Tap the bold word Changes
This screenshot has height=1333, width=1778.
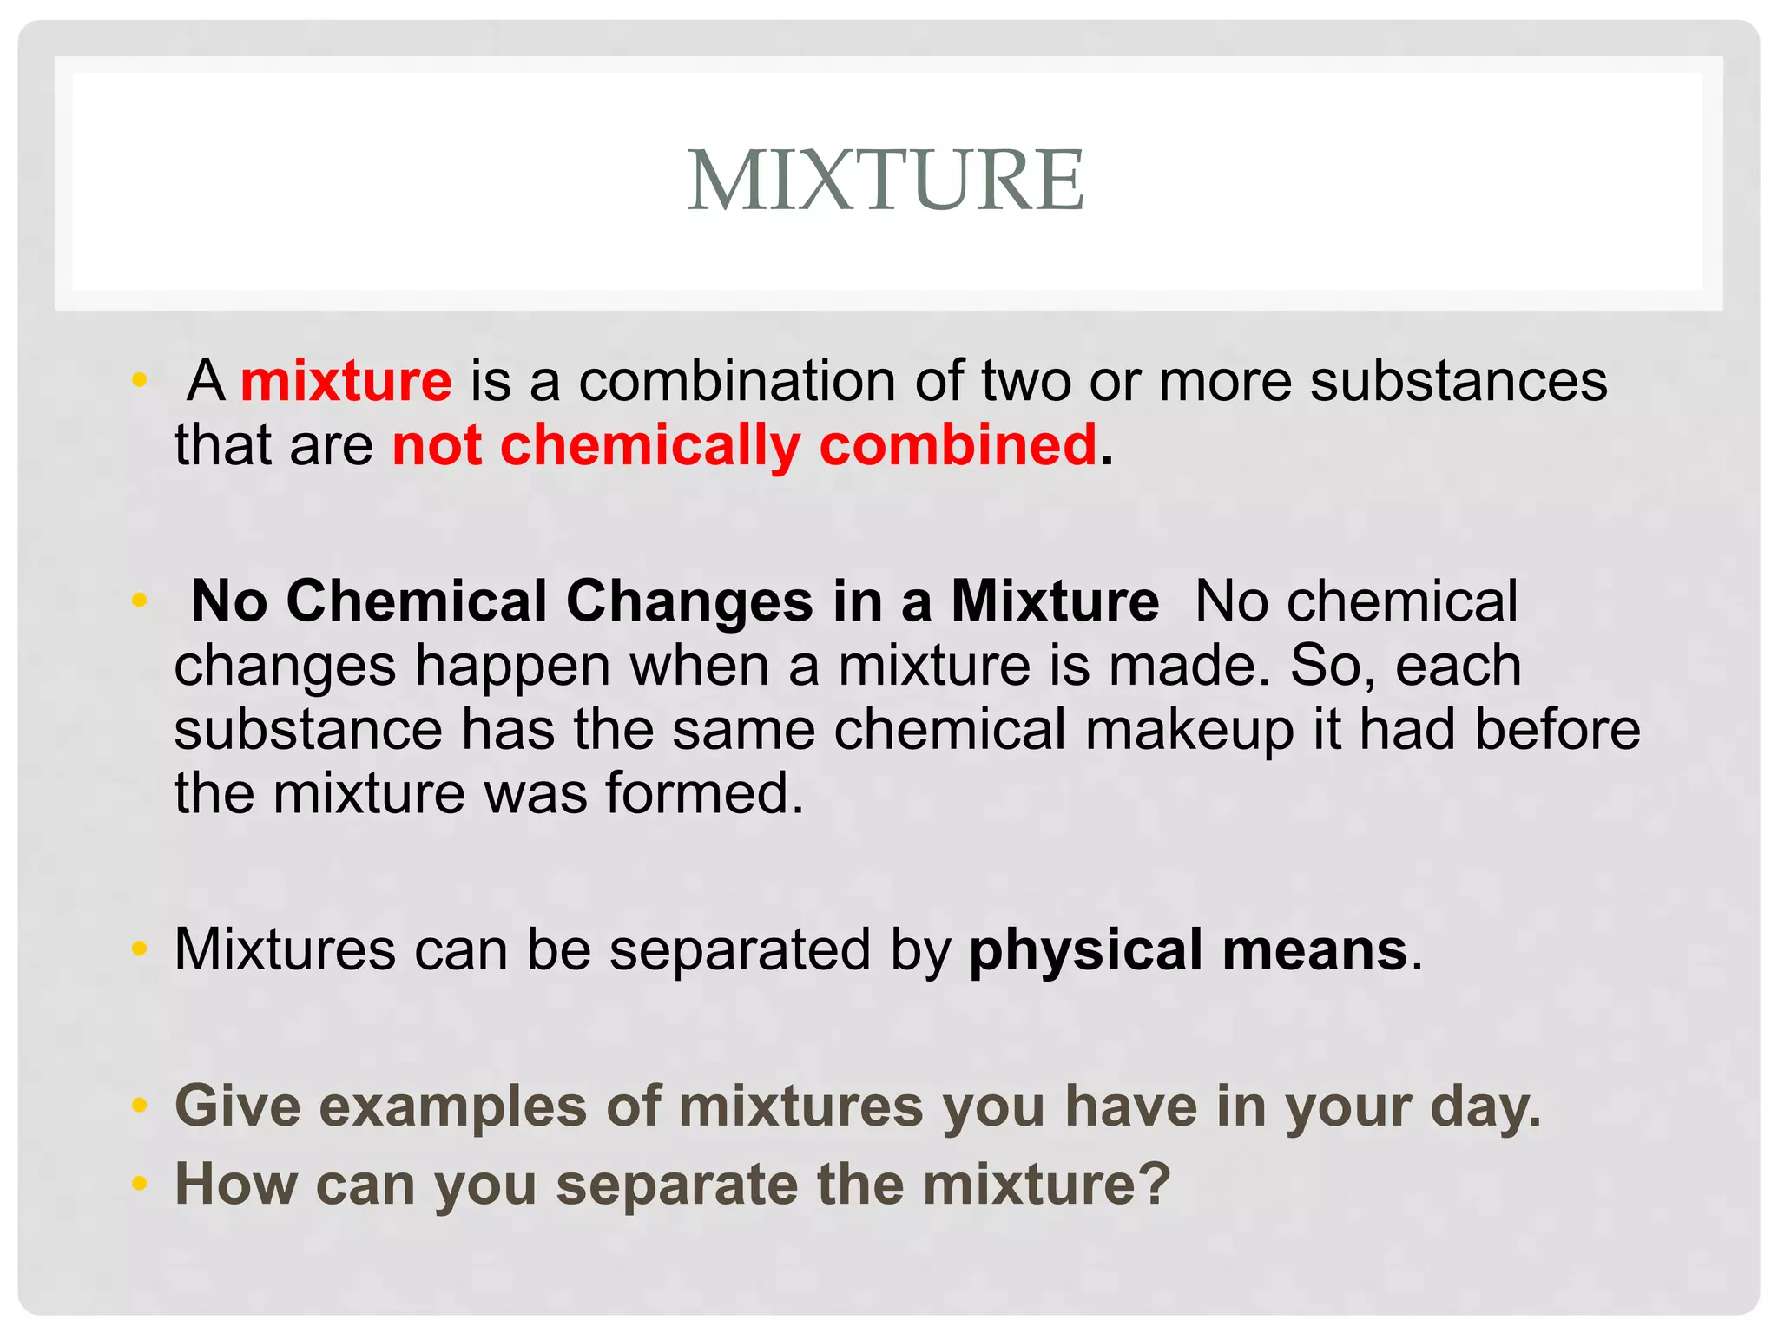point(689,601)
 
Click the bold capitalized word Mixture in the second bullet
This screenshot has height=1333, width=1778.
point(1055,601)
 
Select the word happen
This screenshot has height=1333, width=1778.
point(513,666)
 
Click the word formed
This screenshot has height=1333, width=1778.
point(704,793)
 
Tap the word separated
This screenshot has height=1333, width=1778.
point(739,949)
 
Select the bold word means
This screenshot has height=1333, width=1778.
point(1314,949)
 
